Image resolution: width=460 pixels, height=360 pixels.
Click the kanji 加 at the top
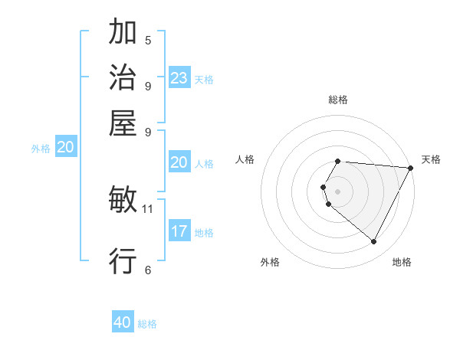[x=123, y=34]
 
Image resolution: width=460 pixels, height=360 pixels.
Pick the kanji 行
[x=123, y=262]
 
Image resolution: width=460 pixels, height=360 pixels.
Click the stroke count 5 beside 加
[x=148, y=40]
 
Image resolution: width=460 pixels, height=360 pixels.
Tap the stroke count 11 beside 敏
[x=148, y=208]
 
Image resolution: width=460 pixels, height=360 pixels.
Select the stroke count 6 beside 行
[x=148, y=269]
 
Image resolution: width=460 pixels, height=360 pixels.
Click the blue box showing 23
[x=179, y=78]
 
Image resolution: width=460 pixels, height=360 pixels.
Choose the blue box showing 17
[x=179, y=231]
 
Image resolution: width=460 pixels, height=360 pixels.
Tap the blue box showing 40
[x=123, y=322]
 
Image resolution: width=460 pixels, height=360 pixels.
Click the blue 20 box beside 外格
[x=65, y=148]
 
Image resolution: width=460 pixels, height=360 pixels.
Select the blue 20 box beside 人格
[x=179, y=162]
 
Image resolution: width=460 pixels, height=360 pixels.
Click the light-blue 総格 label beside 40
[x=148, y=324]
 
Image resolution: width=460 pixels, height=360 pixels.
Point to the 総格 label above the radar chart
[x=338, y=100]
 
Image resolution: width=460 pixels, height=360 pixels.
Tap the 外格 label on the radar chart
[x=270, y=262]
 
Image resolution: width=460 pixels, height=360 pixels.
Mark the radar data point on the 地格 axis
[x=374, y=242]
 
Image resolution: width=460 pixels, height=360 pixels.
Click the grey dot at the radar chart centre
[x=338, y=191]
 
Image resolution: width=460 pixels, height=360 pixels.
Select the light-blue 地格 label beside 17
[x=204, y=233]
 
